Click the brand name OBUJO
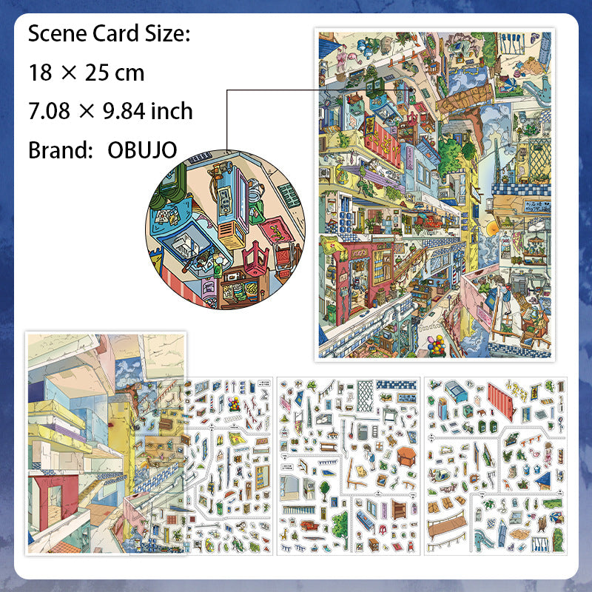click(x=142, y=149)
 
